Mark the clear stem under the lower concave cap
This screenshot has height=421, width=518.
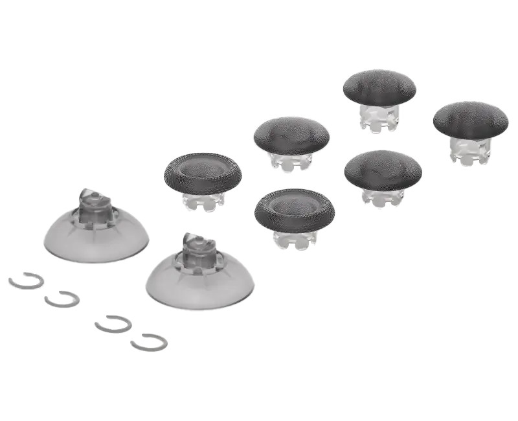pos(293,239)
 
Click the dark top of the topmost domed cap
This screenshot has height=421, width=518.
pos(379,86)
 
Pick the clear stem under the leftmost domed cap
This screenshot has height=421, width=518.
pos(291,161)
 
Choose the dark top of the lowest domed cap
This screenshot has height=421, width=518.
pos(383,168)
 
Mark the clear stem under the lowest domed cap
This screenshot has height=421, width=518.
pos(383,195)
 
